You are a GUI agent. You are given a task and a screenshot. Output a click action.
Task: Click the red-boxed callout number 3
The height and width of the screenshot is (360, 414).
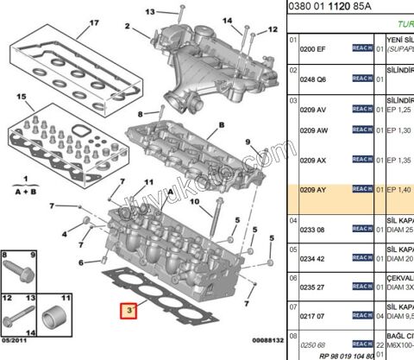click(129, 310)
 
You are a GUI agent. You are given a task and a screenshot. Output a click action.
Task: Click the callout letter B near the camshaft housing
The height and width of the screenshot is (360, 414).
click(221, 125)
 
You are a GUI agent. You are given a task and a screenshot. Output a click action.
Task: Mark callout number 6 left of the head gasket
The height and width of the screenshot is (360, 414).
click(81, 262)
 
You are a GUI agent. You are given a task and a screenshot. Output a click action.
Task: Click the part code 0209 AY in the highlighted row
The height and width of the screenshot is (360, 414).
click(314, 189)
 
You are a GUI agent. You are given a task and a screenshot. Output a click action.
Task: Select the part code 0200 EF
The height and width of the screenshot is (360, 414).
click(314, 50)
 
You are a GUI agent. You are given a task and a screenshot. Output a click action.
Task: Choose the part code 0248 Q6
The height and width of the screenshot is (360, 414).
click(314, 79)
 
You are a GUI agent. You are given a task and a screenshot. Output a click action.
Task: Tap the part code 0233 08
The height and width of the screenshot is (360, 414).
click(314, 229)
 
